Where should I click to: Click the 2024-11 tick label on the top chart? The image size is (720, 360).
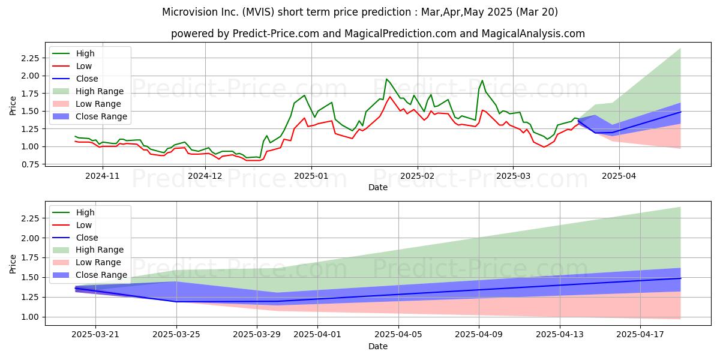[102, 176]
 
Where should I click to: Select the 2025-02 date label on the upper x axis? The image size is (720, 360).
[418, 176]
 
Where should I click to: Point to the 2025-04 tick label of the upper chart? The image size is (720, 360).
[619, 176]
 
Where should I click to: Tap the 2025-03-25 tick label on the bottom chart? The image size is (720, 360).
[176, 335]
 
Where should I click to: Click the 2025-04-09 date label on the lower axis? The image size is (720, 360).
[479, 335]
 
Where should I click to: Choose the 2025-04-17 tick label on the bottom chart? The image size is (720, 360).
[640, 335]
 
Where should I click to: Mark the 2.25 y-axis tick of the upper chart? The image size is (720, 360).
[30, 58]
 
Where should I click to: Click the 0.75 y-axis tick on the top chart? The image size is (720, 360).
[30, 164]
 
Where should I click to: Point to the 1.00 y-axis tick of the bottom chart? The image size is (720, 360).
[30, 317]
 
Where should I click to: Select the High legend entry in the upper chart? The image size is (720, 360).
[73, 53]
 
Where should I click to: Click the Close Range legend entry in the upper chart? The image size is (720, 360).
[89, 116]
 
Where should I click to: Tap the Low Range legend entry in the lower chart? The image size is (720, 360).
[86, 262]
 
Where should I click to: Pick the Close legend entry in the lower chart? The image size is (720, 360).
[75, 238]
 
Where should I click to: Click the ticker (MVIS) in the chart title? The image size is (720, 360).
[259, 12]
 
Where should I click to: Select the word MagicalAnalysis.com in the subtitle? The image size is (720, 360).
[533, 34]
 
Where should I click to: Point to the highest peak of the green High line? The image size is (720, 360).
[386, 79]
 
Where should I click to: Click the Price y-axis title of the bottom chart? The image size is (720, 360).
[13, 264]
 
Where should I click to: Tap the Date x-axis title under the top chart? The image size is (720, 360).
[377, 187]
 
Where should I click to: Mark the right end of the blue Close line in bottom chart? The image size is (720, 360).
[680, 278]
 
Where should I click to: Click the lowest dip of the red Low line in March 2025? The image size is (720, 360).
[544, 147]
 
